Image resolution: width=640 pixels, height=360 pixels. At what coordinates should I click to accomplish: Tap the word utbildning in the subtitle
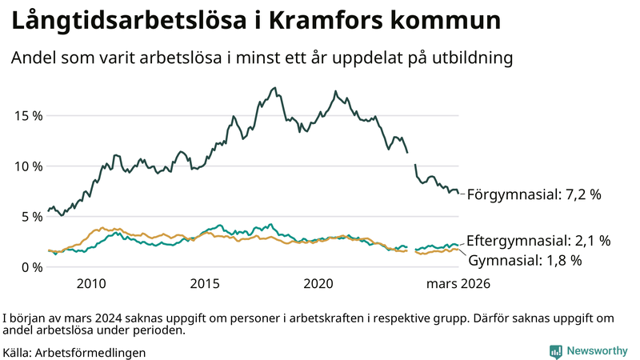tap(471, 58)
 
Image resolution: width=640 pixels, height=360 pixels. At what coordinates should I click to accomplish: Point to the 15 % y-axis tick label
tap(28, 115)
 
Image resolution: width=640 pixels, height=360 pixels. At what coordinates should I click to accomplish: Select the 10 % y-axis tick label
tap(28, 166)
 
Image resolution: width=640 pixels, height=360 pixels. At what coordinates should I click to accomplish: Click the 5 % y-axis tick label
tap(31, 216)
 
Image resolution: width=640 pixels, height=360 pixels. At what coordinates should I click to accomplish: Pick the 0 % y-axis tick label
tap(31, 266)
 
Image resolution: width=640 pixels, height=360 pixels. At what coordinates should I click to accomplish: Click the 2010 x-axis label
tap(91, 284)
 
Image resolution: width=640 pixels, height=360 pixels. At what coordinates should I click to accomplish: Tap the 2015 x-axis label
tap(205, 284)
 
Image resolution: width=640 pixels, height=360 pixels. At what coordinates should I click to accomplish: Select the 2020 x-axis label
tap(318, 284)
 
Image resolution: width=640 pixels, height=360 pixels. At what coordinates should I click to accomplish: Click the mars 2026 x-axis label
tap(458, 284)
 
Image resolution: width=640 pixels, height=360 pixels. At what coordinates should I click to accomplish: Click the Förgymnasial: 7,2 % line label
tap(534, 194)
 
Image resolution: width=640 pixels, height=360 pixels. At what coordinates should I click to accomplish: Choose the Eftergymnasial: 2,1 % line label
tap(538, 241)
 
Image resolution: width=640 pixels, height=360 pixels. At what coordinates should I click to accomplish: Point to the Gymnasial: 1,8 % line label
tap(524, 260)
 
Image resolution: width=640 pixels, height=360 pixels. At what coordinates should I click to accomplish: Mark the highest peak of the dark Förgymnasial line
tap(274, 88)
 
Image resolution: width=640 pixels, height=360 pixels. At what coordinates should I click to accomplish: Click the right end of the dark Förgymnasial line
tap(458, 192)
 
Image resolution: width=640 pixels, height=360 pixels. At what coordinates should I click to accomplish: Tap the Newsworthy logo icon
tap(555, 351)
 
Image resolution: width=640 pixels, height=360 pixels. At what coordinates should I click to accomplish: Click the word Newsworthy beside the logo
tap(597, 351)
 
